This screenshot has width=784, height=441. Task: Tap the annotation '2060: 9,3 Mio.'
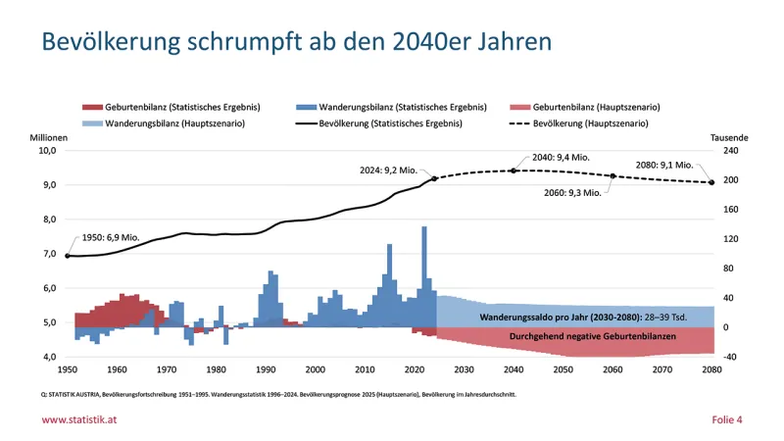tap(571, 193)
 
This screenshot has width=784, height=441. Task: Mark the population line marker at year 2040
tap(514, 171)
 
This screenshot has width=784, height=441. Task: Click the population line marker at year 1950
tap(68, 256)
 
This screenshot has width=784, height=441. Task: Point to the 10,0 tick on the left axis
tap(48, 151)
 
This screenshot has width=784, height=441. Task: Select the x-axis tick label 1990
tap(266, 369)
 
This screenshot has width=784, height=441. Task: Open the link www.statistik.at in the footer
tap(81, 419)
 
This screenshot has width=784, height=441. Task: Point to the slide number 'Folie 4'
tap(726, 419)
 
